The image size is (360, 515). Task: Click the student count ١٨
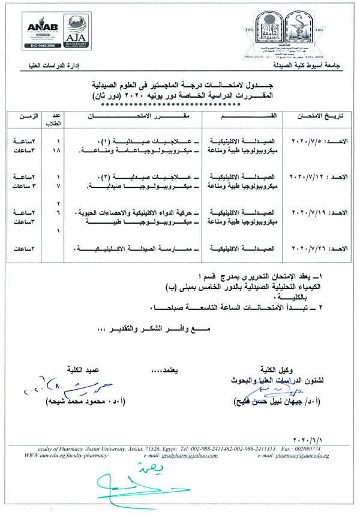point(58,150)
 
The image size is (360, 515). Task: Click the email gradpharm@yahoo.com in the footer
point(183,456)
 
